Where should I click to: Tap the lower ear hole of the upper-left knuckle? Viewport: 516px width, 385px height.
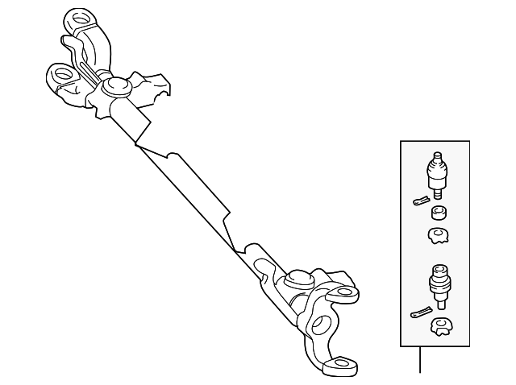[x=60, y=77]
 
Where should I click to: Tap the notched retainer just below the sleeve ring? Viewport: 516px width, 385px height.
[x=439, y=236]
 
